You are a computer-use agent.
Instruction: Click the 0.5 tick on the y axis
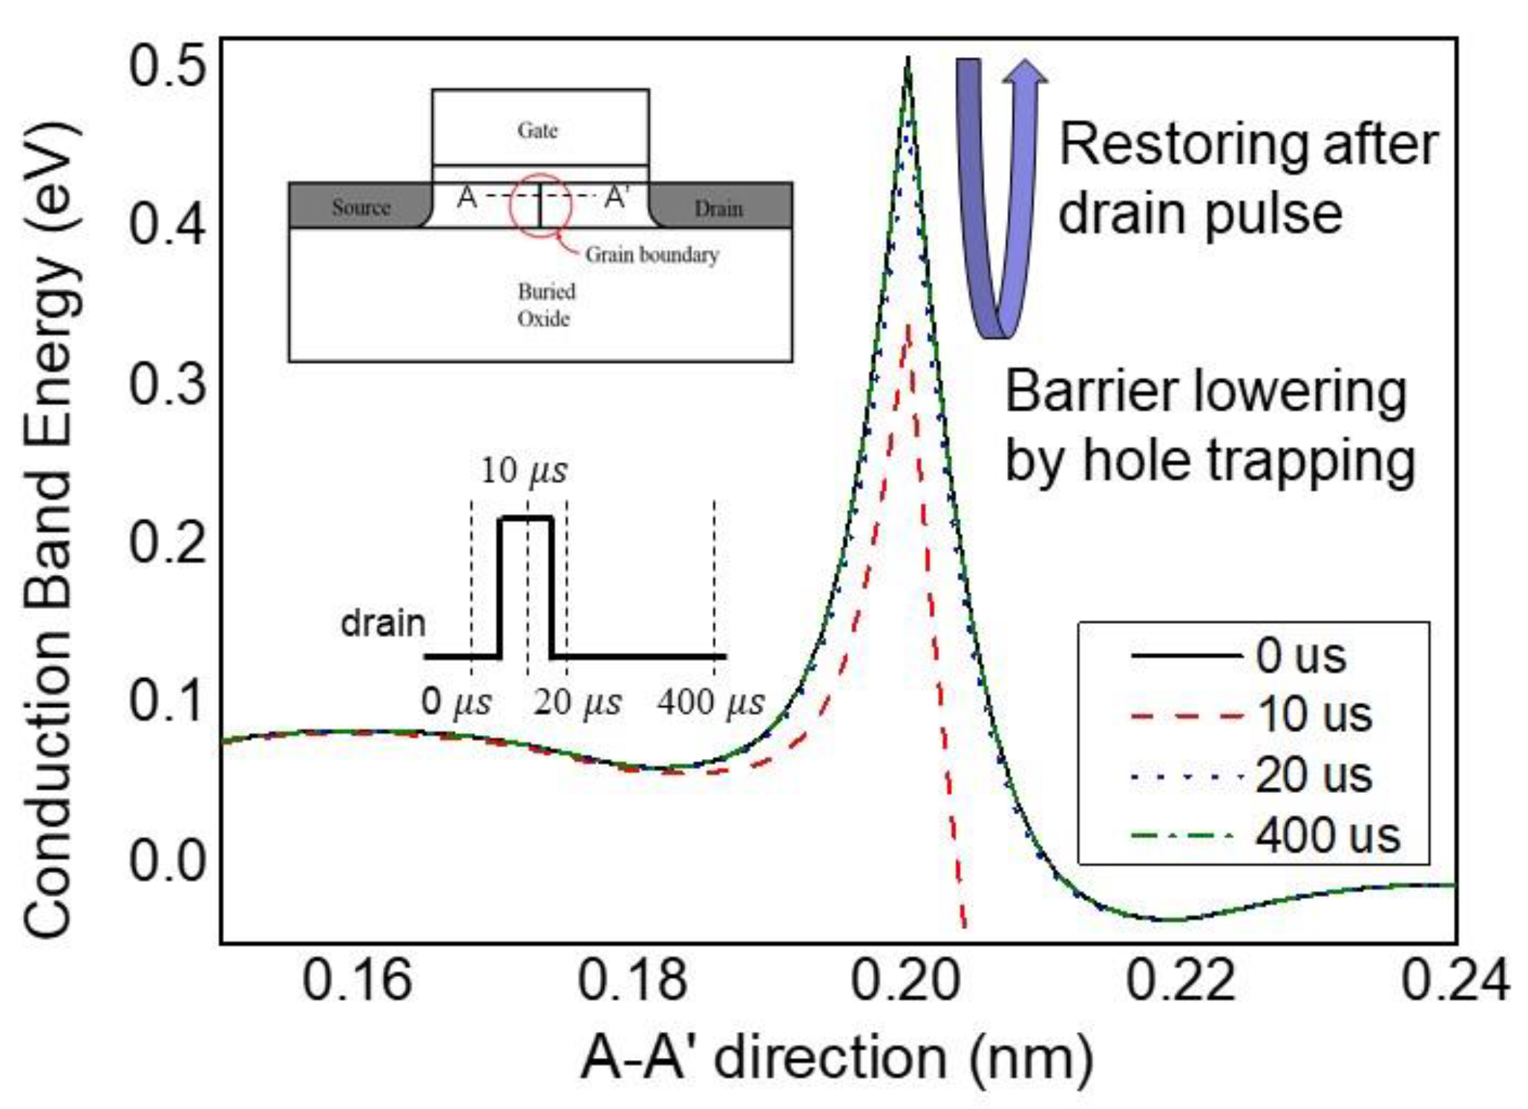tap(167, 65)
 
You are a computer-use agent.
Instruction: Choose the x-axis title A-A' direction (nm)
tap(837, 1057)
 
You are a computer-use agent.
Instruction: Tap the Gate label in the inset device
tap(538, 131)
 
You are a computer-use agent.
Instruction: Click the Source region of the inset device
tap(361, 207)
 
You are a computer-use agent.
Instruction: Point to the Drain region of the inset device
tap(718, 208)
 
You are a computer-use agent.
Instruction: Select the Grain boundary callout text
tap(652, 255)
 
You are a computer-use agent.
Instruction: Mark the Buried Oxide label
tap(545, 305)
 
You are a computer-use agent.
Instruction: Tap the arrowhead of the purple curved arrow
tap(1025, 71)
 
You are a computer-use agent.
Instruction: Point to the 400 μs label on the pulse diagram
tap(710, 702)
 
